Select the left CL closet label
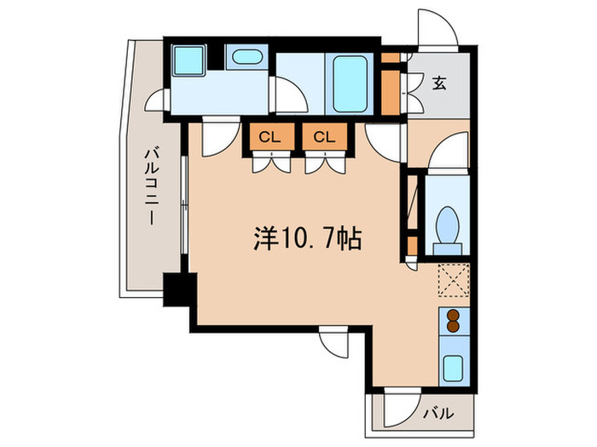[x=268, y=136]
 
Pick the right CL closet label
[x=322, y=136]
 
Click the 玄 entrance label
[x=438, y=83]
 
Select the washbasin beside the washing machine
[x=246, y=58]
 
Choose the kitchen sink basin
[x=453, y=369]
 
